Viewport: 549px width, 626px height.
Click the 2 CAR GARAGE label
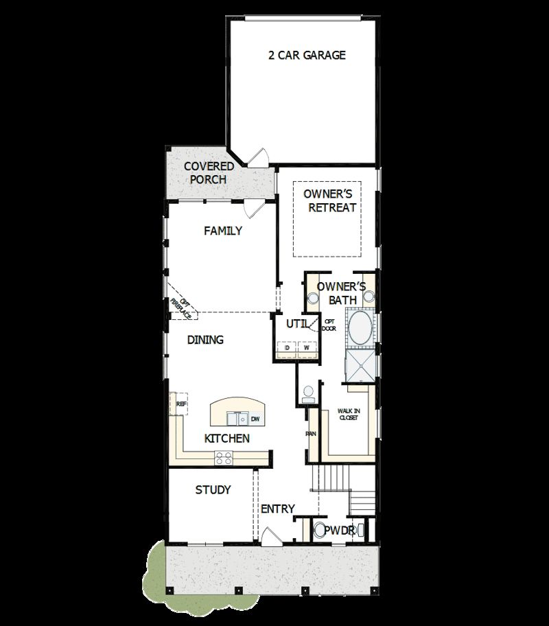click(307, 55)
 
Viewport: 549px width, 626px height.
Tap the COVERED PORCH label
click(209, 173)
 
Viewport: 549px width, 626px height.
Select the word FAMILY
click(223, 231)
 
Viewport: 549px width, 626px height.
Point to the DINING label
click(206, 340)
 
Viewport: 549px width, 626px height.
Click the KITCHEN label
click(226, 439)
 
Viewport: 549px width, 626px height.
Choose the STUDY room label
click(213, 490)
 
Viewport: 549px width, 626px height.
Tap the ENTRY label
click(278, 509)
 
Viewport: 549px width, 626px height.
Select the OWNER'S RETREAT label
click(332, 201)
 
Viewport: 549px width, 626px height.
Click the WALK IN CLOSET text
click(349, 414)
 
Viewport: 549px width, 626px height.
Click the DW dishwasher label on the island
click(255, 419)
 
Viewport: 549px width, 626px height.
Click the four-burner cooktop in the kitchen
click(224, 456)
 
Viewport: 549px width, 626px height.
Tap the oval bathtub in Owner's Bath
click(360, 329)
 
